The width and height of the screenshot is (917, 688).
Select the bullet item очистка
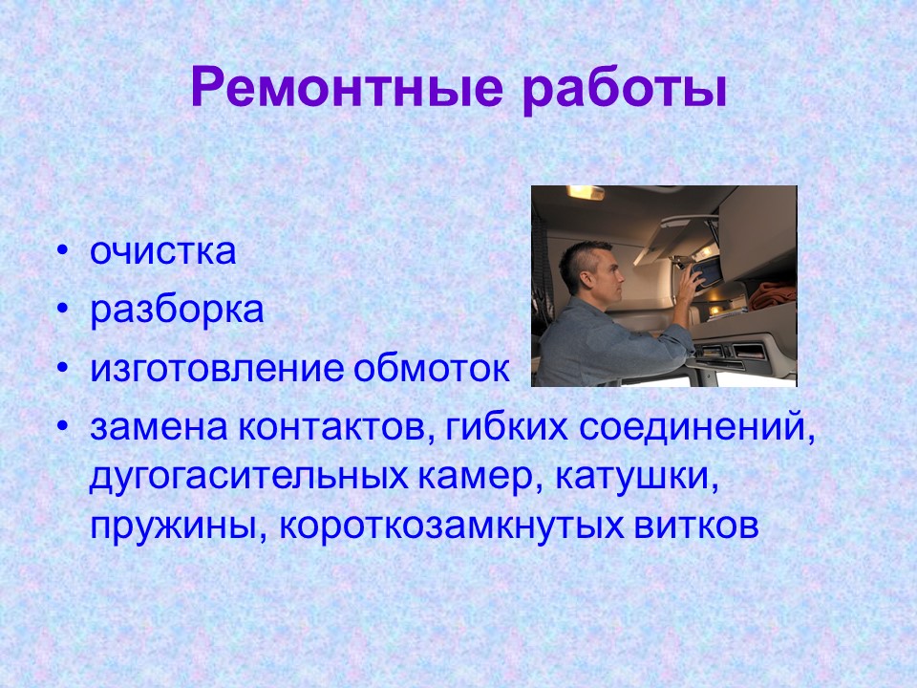coord(162,252)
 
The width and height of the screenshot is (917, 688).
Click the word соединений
coord(697,427)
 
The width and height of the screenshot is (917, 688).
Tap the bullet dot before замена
coord(63,428)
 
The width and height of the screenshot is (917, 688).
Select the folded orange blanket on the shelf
coord(772,296)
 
